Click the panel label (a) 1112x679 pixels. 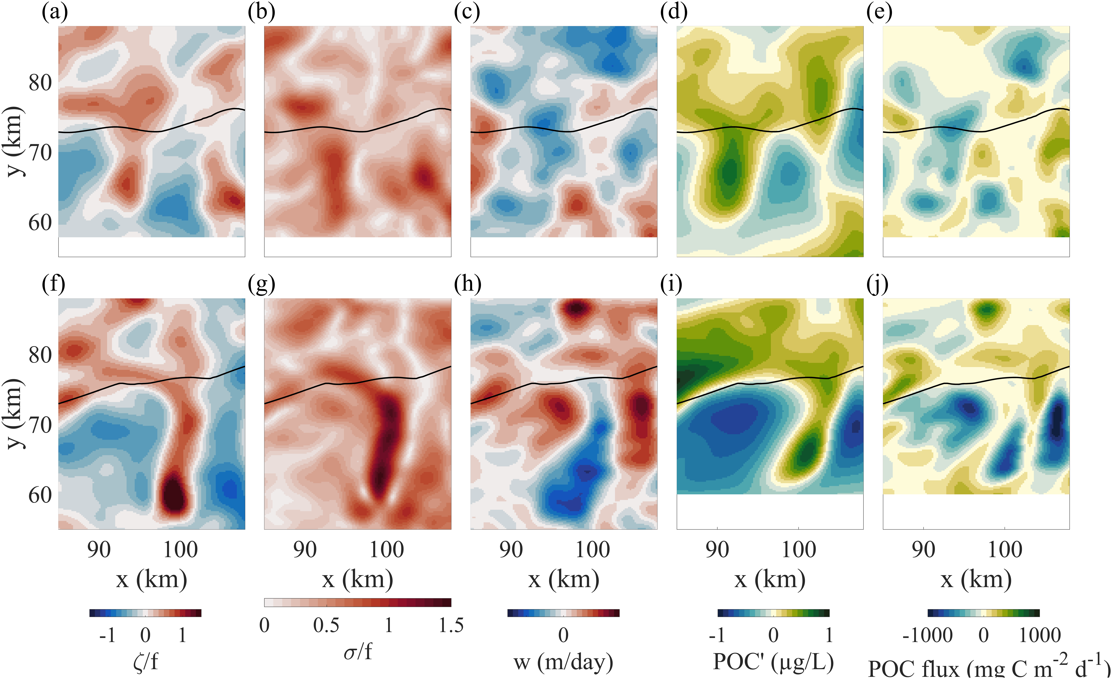point(55,13)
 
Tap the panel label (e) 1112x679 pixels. point(879,13)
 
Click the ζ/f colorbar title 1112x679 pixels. point(145,662)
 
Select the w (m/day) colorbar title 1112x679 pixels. point(563,662)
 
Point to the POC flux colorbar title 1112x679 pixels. point(988,667)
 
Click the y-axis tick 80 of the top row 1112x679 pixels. point(40,83)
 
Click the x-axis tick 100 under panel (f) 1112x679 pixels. point(180,550)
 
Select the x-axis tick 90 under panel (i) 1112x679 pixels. point(717,550)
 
